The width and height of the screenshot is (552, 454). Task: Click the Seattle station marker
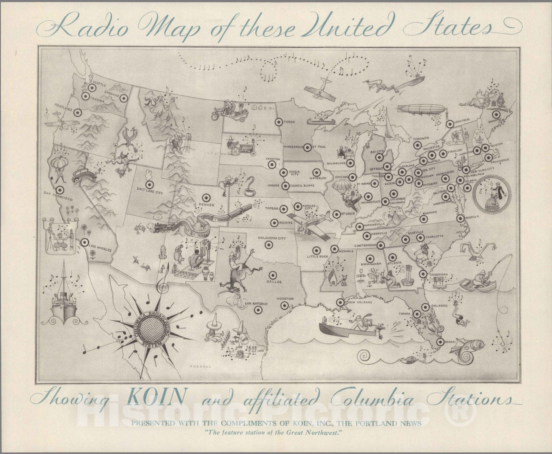click(x=91, y=88)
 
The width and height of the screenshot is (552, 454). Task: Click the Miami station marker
click(x=440, y=342)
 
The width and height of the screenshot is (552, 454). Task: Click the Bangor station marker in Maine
click(x=496, y=114)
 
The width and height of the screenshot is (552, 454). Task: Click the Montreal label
click(x=462, y=120)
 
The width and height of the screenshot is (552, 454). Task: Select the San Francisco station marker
click(x=60, y=189)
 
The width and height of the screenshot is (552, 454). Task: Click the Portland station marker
click(x=78, y=112)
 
